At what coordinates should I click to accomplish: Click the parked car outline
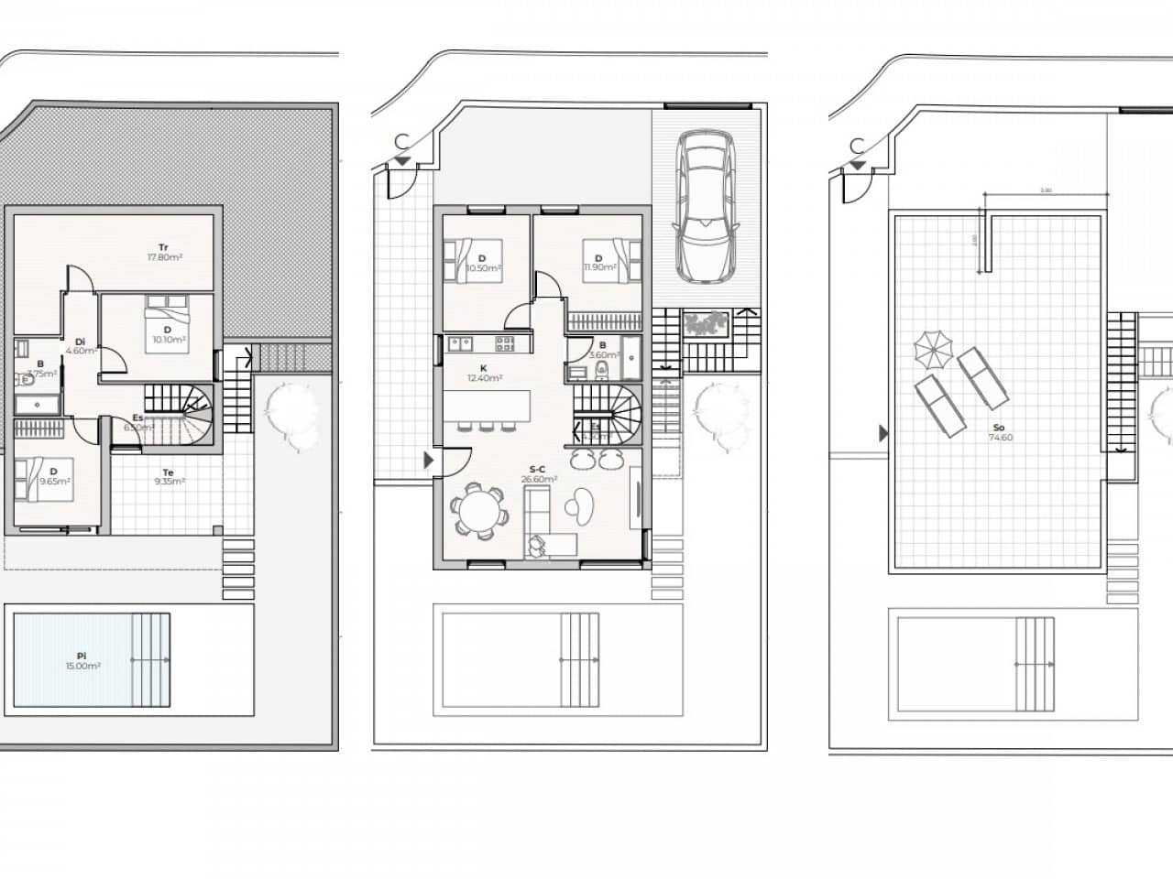tap(705, 210)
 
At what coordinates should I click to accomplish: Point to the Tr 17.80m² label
tap(164, 252)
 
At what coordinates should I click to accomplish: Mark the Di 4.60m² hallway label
tap(81, 345)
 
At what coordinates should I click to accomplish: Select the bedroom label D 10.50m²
tap(483, 264)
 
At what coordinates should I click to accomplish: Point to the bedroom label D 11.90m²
tap(598, 264)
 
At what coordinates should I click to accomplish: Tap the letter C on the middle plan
tap(400, 142)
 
